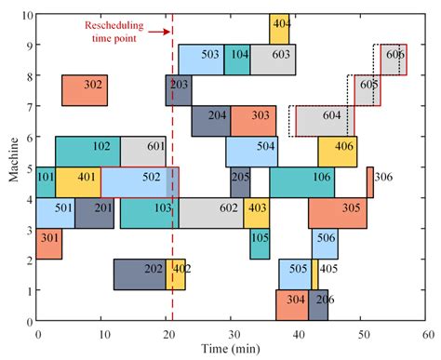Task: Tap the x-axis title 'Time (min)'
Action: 231,349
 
